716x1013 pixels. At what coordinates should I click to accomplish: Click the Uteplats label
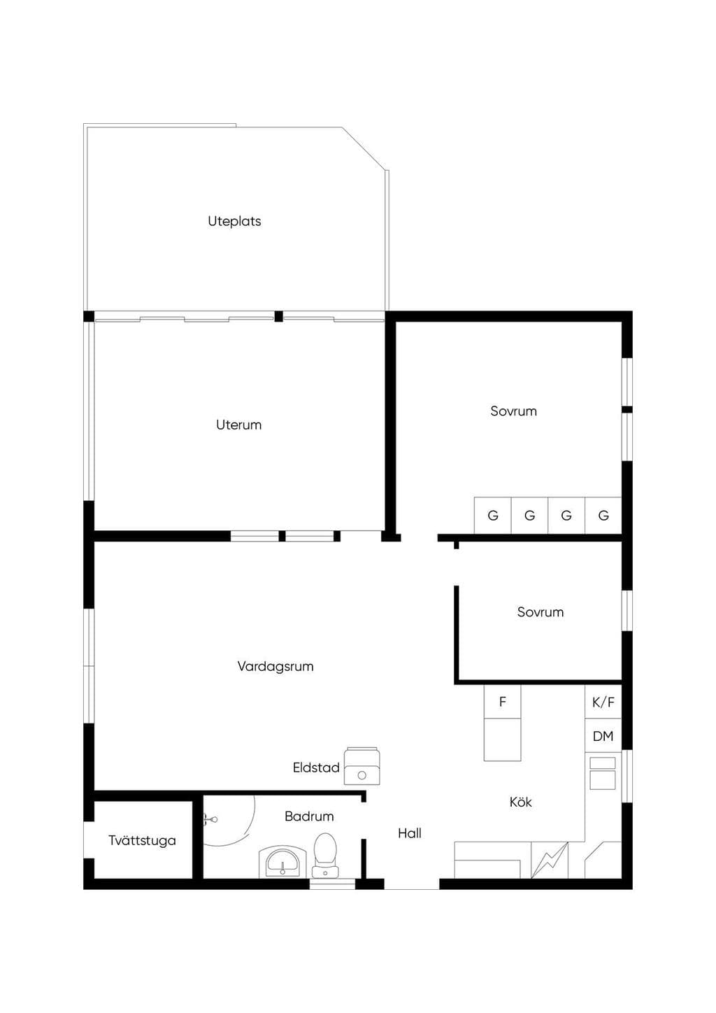point(234,221)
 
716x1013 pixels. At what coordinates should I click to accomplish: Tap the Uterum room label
point(238,425)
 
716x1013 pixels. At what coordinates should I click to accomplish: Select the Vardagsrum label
point(275,666)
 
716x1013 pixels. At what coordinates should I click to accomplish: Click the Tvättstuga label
point(142,840)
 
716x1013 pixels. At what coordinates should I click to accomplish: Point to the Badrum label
point(309,816)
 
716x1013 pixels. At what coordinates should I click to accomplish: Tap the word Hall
point(410,833)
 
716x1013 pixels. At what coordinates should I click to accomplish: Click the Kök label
point(520,802)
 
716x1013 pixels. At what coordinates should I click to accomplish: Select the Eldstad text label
point(316,767)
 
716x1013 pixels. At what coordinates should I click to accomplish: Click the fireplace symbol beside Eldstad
point(361,765)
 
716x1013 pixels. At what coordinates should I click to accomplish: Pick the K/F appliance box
point(603,702)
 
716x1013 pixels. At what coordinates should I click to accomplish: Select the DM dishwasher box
point(603,736)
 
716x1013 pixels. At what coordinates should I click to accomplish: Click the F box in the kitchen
point(502,702)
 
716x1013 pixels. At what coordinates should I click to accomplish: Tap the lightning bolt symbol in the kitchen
point(549,860)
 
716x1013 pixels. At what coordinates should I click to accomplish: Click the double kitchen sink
point(603,773)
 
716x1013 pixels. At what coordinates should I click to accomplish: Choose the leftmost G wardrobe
point(493,515)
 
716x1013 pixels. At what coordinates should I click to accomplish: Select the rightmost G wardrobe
point(603,515)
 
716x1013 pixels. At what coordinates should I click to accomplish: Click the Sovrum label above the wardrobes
point(513,411)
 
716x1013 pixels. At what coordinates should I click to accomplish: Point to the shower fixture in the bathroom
point(210,819)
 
